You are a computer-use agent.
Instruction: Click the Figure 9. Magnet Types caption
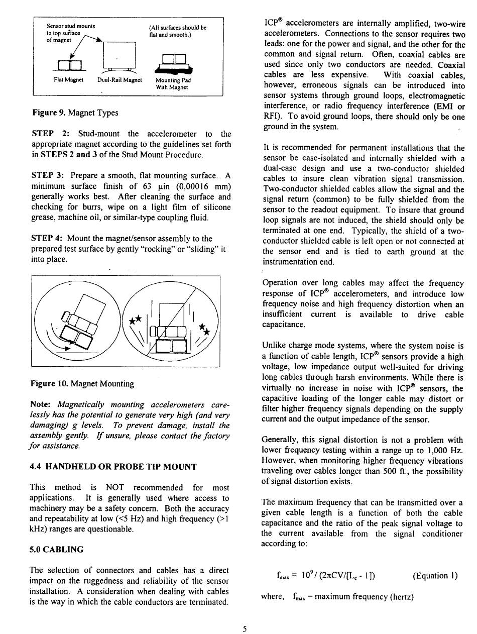tap(74, 113)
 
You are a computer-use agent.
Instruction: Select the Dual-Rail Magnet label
tap(120, 80)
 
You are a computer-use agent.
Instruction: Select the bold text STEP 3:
tap(48, 175)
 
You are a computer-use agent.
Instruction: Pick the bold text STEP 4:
tap(47, 238)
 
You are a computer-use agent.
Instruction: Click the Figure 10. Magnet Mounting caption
tap(82, 384)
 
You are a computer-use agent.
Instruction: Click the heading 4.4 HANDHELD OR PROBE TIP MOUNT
tap(113, 467)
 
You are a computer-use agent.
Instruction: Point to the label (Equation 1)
tap(435, 576)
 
